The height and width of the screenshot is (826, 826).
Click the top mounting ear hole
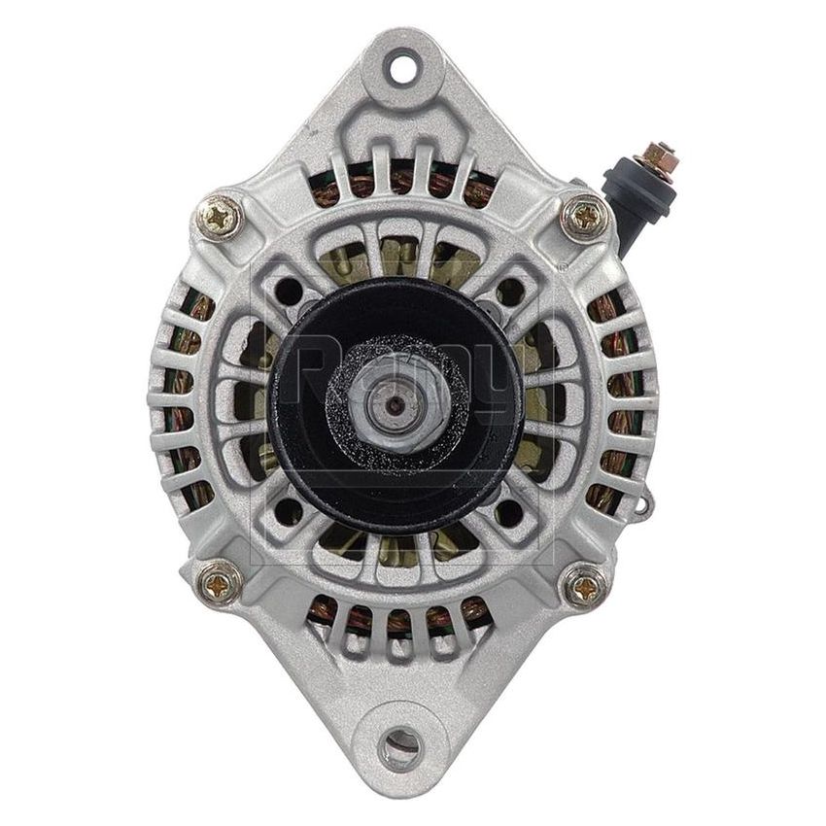click(x=401, y=67)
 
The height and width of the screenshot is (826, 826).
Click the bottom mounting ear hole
click(x=400, y=746)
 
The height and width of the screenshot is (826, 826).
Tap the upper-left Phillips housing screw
click(x=222, y=217)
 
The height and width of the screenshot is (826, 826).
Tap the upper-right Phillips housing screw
click(x=586, y=217)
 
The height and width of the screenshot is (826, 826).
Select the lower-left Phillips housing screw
click(x=222, y=585)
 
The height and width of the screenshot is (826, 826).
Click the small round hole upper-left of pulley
click(x=288, y=290)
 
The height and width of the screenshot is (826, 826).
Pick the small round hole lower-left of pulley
click(x=288, y=511)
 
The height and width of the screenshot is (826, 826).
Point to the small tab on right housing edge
click(x=642, y=502)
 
